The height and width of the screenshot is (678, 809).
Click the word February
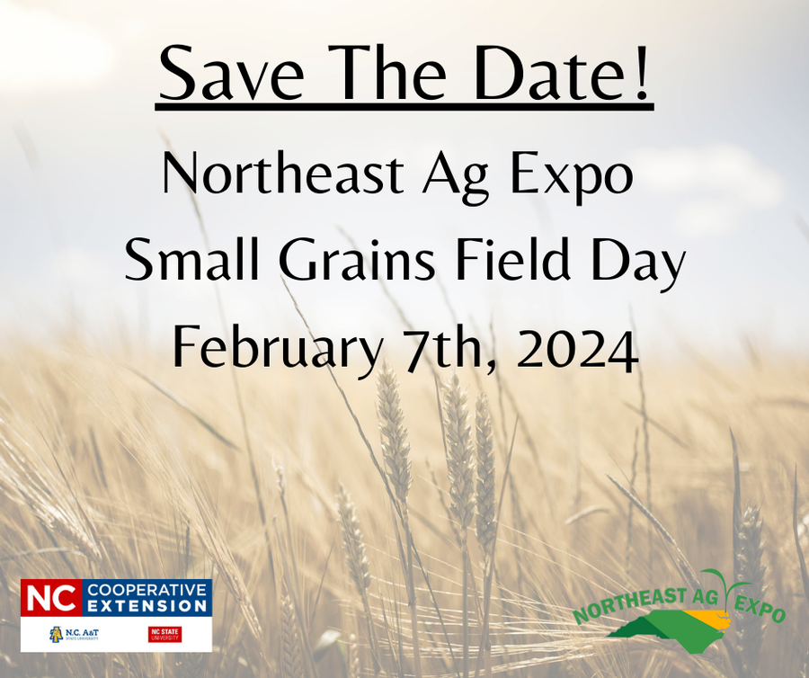point(275,349)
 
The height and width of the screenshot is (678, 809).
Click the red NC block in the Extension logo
point(50,598)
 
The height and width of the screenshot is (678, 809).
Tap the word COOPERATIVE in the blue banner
point(147,590)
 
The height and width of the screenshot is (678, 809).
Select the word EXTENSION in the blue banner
point(147,607)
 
